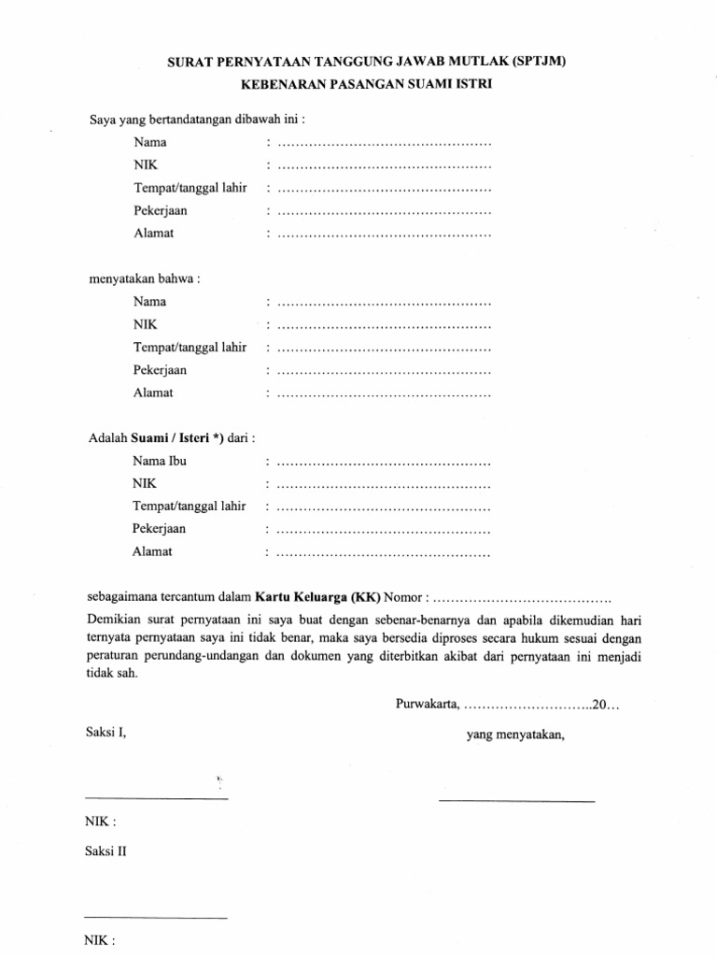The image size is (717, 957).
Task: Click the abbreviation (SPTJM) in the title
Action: click(533, 62)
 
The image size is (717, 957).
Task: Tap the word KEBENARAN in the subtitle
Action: click(279, 85)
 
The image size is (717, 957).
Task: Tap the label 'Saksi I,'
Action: click(105, 734)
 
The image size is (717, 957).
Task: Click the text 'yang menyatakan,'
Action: click(515, 735)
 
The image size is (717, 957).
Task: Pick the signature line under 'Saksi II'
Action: click(156, 918)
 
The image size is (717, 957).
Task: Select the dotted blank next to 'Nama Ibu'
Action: click(384, 463)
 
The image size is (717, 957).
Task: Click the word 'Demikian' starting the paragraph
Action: click(111, 620)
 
